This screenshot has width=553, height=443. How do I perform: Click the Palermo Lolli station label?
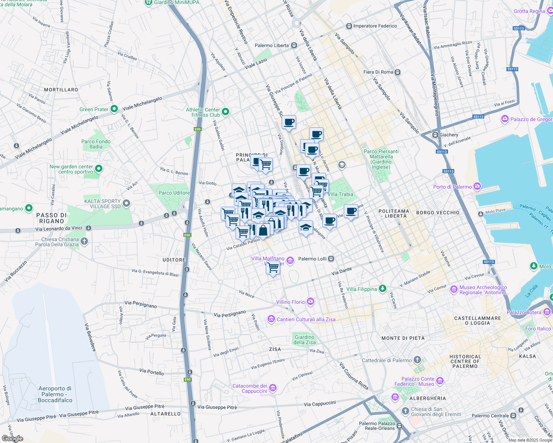(312, 259)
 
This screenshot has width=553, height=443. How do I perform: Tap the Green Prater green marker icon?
(114, 109)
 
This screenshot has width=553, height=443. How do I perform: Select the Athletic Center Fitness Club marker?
(225, 111)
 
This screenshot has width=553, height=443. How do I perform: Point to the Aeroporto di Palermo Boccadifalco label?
(55, 394)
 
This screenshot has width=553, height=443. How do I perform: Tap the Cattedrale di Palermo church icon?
(417, 360)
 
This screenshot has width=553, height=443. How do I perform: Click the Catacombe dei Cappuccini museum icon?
(273, 388)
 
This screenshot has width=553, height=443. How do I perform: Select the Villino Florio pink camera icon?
(311, 302)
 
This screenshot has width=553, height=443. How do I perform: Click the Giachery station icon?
(435, 135)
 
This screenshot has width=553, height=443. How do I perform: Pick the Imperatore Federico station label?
(375, 26)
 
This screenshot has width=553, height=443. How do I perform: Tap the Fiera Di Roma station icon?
(397, 72)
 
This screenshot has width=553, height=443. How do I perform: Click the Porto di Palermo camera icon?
(477, 186)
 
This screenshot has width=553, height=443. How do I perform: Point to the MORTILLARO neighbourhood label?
(61, 90)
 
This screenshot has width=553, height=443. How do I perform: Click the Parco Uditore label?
(174, 193)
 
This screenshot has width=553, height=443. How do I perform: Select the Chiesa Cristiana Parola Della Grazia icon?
(84, 242)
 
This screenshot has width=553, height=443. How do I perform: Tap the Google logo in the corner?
(13, 438)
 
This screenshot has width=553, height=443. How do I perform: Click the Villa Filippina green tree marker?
(383, 289)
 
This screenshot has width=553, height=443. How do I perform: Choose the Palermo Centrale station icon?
(513, 416)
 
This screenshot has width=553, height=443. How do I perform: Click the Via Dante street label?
(342, 272)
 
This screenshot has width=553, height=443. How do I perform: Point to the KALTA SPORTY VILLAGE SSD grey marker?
(126, 203)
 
